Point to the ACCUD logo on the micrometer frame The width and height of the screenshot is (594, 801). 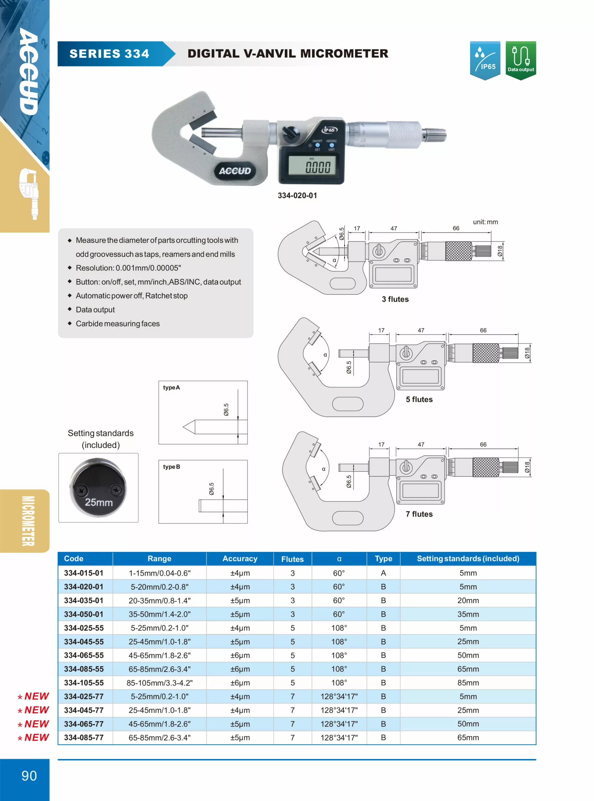[235, 171]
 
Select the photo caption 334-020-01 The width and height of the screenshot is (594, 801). [297, 195]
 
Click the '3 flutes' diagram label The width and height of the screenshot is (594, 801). [395, 299]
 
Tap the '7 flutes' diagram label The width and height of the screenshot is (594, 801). [419, 514]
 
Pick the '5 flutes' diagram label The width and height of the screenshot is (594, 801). [419, 400]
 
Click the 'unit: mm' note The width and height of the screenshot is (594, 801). [485, 222]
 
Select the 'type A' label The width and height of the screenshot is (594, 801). [171, 388]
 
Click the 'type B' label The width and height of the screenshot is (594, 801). [171, 467]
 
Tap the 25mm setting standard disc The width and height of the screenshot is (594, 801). [98, 487]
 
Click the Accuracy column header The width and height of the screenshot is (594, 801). [240, 559]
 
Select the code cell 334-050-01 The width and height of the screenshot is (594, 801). [84, 614]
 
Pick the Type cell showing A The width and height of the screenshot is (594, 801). [383, 573]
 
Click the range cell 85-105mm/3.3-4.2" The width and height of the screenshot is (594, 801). [159, 683]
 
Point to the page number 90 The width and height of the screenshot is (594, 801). [29, 776]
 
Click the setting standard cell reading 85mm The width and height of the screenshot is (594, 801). [468, 683]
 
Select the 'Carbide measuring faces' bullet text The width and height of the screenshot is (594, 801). [118, 324]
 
